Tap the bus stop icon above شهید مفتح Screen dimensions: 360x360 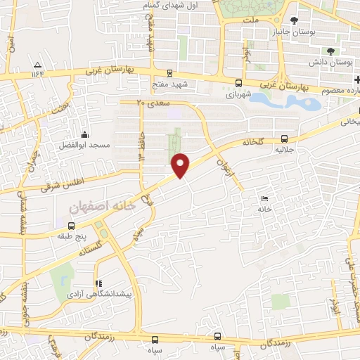pyautogui.click(x=169, y=72)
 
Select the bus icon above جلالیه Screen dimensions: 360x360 pyautogui.click(x=284, y=139)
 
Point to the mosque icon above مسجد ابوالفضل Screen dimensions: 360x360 pyautogui.click(x=85, y=134)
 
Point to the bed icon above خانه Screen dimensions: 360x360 pyautogui.click(x=264, y=198)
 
